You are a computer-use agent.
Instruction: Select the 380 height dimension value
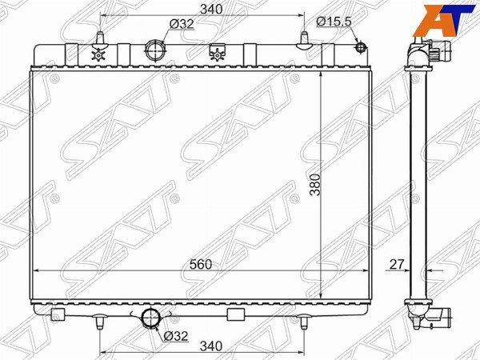click(314, 184)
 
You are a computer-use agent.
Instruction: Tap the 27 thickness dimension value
click(397, 264)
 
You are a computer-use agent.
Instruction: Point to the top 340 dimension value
click(211, 10)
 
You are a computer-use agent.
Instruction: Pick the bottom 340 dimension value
click(211, 346)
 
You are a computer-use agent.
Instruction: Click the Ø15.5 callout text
click(334, 22)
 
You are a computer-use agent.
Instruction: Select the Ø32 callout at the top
click(182, 23)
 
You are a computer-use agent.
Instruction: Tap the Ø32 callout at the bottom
click(175, 336)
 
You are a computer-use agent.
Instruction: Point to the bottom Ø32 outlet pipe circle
click(150, 318)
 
